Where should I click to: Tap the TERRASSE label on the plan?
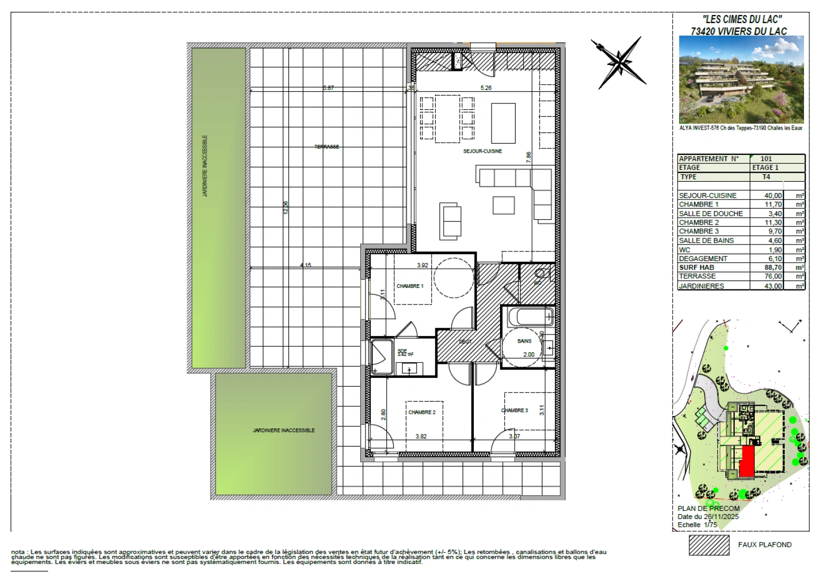(326, 147)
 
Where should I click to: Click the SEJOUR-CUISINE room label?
(482, 151)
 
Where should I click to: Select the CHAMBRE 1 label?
(409, 286)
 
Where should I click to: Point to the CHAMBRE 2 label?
(421, 412)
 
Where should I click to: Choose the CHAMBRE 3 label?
(514, 411)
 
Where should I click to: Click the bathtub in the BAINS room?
(527, 316)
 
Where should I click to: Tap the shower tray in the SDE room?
(382, 356)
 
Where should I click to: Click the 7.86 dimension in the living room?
(528, 157)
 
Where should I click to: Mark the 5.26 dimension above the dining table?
(486, 88)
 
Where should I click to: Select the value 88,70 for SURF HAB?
(772, 268)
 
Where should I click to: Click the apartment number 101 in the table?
(766, 159)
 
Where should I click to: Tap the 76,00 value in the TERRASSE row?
(773, 277)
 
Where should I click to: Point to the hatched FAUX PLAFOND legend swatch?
(709, 545)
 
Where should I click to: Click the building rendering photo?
(741, 80)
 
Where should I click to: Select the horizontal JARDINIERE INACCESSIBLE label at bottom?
(284, 430)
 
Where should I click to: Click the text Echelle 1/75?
(697, 525)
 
